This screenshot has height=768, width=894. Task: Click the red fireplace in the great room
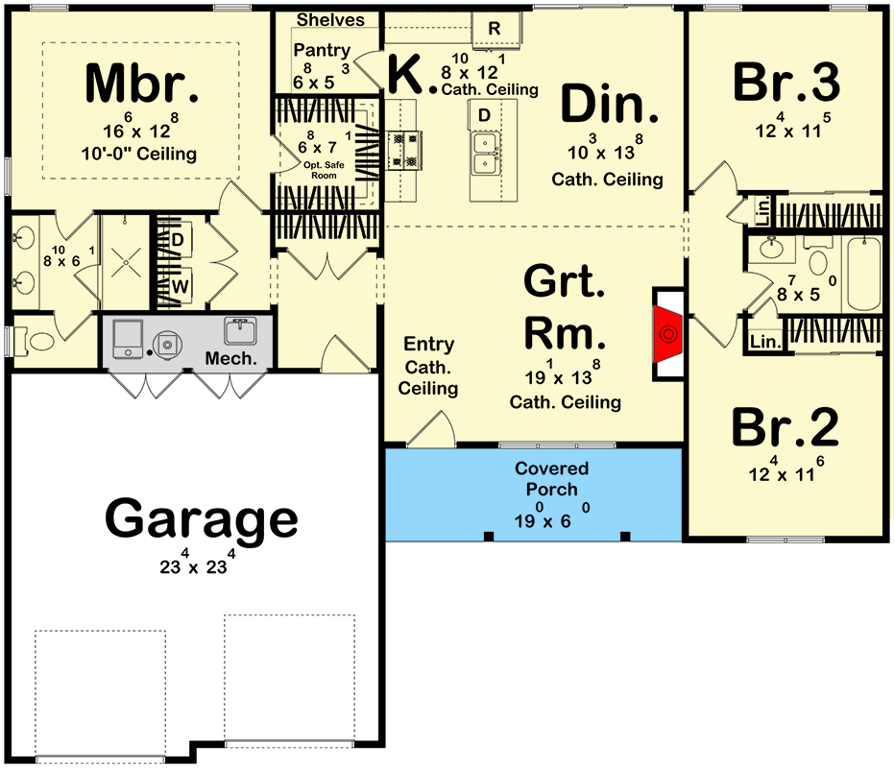click(x=667, y=333)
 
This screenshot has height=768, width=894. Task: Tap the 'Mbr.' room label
click(x=142, y=84)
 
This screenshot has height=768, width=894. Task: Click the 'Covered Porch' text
click(x=551, y=479)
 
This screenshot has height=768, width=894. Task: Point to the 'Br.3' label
click(x=786, y=83)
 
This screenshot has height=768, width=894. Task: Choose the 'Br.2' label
click(x=785, y=427)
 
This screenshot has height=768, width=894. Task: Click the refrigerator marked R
click(x=495, y=28)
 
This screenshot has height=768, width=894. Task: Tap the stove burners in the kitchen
click(x=405, y=151)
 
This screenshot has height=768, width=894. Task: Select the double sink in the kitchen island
click(x=485, y=153)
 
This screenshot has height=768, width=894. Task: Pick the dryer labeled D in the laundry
click(x=178, y=240)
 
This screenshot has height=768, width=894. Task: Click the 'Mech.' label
click(x=230, y=359)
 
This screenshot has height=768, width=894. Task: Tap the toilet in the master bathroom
click(x=35, y=342)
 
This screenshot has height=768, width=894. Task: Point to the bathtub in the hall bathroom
click(x=863, y=274)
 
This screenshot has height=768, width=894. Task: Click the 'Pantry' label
click(x=322, y=50)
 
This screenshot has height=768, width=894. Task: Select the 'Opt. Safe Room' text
click(x=324, y=170)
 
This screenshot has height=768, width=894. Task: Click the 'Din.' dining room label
click(x=610, y=104)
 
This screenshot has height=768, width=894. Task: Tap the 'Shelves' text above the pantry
click(x=330, y=20)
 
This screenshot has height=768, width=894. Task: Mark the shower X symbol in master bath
click(x=126, y=263)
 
